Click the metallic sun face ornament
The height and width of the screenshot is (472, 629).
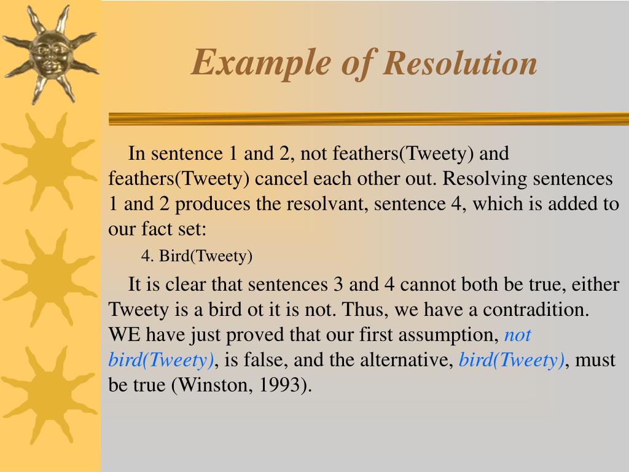49,54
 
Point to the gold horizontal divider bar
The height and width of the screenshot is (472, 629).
369,119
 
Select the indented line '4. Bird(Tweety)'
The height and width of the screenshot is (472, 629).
197,256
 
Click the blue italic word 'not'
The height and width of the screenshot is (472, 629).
517,335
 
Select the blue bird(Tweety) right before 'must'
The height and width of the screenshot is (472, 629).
512,360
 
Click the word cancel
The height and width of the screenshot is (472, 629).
283,179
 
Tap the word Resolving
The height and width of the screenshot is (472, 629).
485,179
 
